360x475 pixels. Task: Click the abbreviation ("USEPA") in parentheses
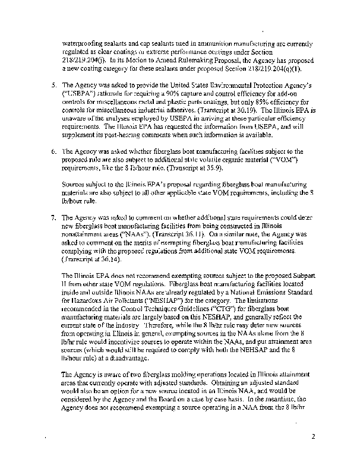click(82, 94)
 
